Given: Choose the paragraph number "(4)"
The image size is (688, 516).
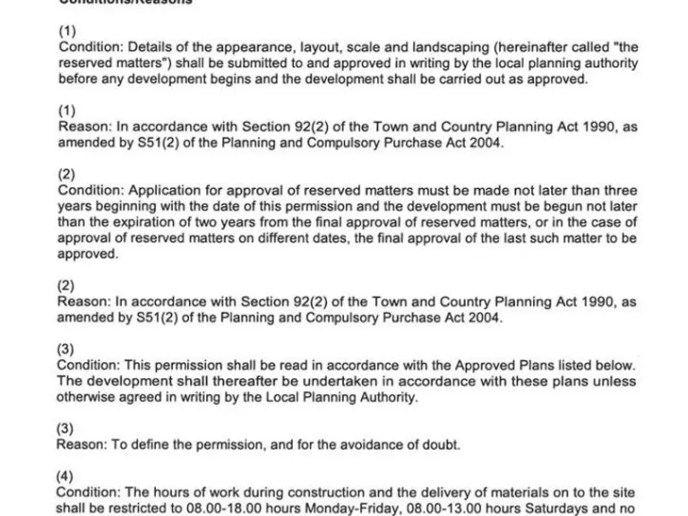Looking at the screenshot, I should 65,477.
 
